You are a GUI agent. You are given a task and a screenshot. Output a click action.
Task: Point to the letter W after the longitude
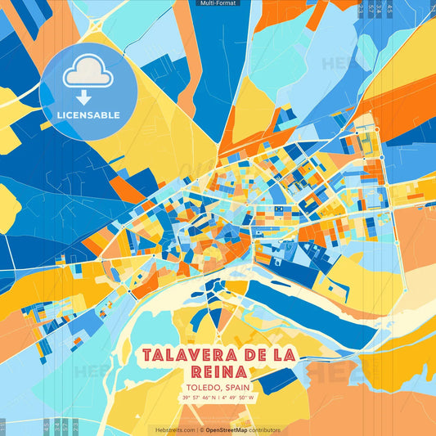coord(252,398)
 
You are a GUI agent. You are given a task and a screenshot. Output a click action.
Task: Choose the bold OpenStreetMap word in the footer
coord(226,429)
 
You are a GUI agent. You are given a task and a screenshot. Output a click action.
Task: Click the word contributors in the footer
coord(265,429)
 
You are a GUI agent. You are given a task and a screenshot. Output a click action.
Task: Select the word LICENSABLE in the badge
coord(88,115)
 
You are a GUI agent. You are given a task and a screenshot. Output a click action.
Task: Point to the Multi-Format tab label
coord(218,4)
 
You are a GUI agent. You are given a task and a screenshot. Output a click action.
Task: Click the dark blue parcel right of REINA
coord(279,380)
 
